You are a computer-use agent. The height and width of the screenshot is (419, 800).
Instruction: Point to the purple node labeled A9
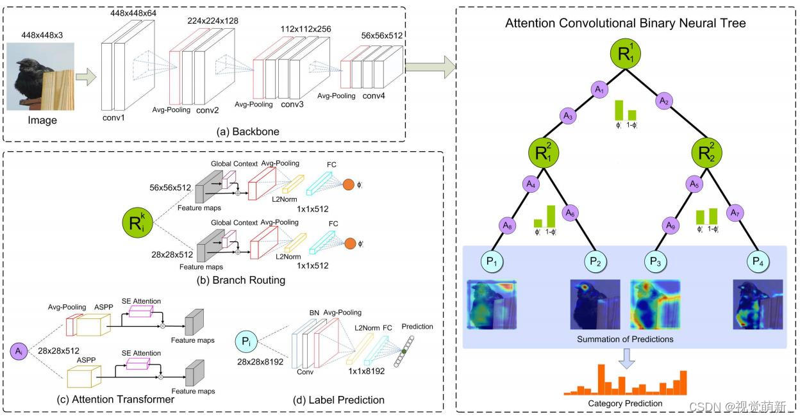tap(670, 225)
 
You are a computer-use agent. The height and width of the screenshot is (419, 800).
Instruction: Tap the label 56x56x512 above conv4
tap(382, 36)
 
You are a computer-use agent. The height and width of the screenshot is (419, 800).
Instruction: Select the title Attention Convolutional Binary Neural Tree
tap(626, 24)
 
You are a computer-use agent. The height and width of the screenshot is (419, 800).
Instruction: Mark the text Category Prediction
tap(625, 403)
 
